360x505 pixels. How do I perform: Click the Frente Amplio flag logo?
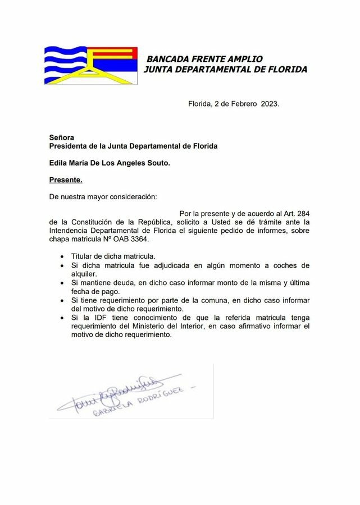(x=91, y=66)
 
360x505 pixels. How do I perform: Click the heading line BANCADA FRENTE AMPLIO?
(x=204, y=59)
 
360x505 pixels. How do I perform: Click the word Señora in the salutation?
(x=61, y=137)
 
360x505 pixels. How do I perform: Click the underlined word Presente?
(x=66, y=180)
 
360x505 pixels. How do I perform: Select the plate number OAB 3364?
(x=133, y=239)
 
